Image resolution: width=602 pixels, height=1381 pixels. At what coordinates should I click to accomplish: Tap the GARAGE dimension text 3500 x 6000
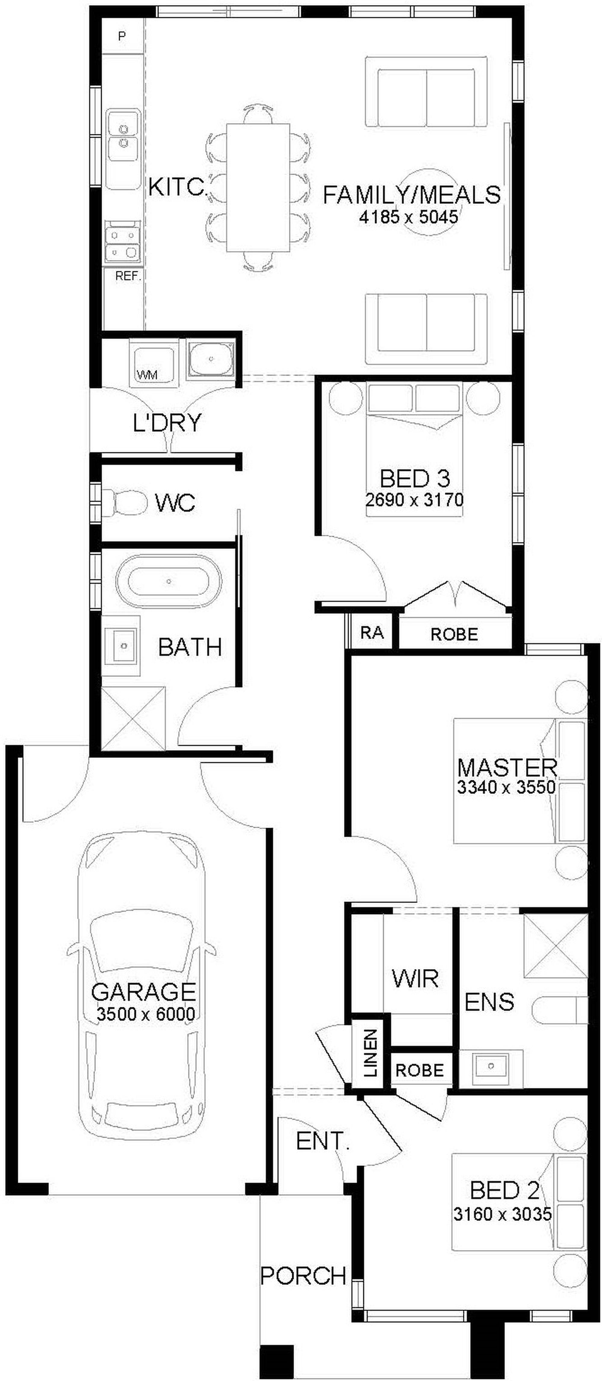coord(146,1014)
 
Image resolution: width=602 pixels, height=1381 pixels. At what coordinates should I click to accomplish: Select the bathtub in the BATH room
coord(168,581)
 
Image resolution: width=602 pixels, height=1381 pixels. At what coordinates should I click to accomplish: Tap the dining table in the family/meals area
coord(258,188)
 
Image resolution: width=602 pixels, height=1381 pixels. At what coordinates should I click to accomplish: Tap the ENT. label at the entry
coord(323,1141)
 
